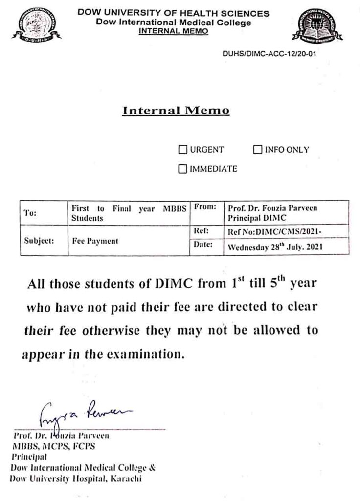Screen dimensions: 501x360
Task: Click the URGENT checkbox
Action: (183, 150)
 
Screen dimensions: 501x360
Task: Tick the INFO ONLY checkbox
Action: (257, 150)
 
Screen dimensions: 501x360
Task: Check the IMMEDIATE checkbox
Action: (183, 169)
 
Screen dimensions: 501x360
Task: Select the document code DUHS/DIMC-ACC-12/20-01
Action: (269, 54)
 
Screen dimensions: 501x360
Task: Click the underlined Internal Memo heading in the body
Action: (176, 111)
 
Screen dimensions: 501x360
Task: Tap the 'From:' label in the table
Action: (205, 207)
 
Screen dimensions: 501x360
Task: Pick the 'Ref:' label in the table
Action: (201, 230)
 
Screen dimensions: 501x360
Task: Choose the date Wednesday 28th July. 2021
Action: (274, 247)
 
